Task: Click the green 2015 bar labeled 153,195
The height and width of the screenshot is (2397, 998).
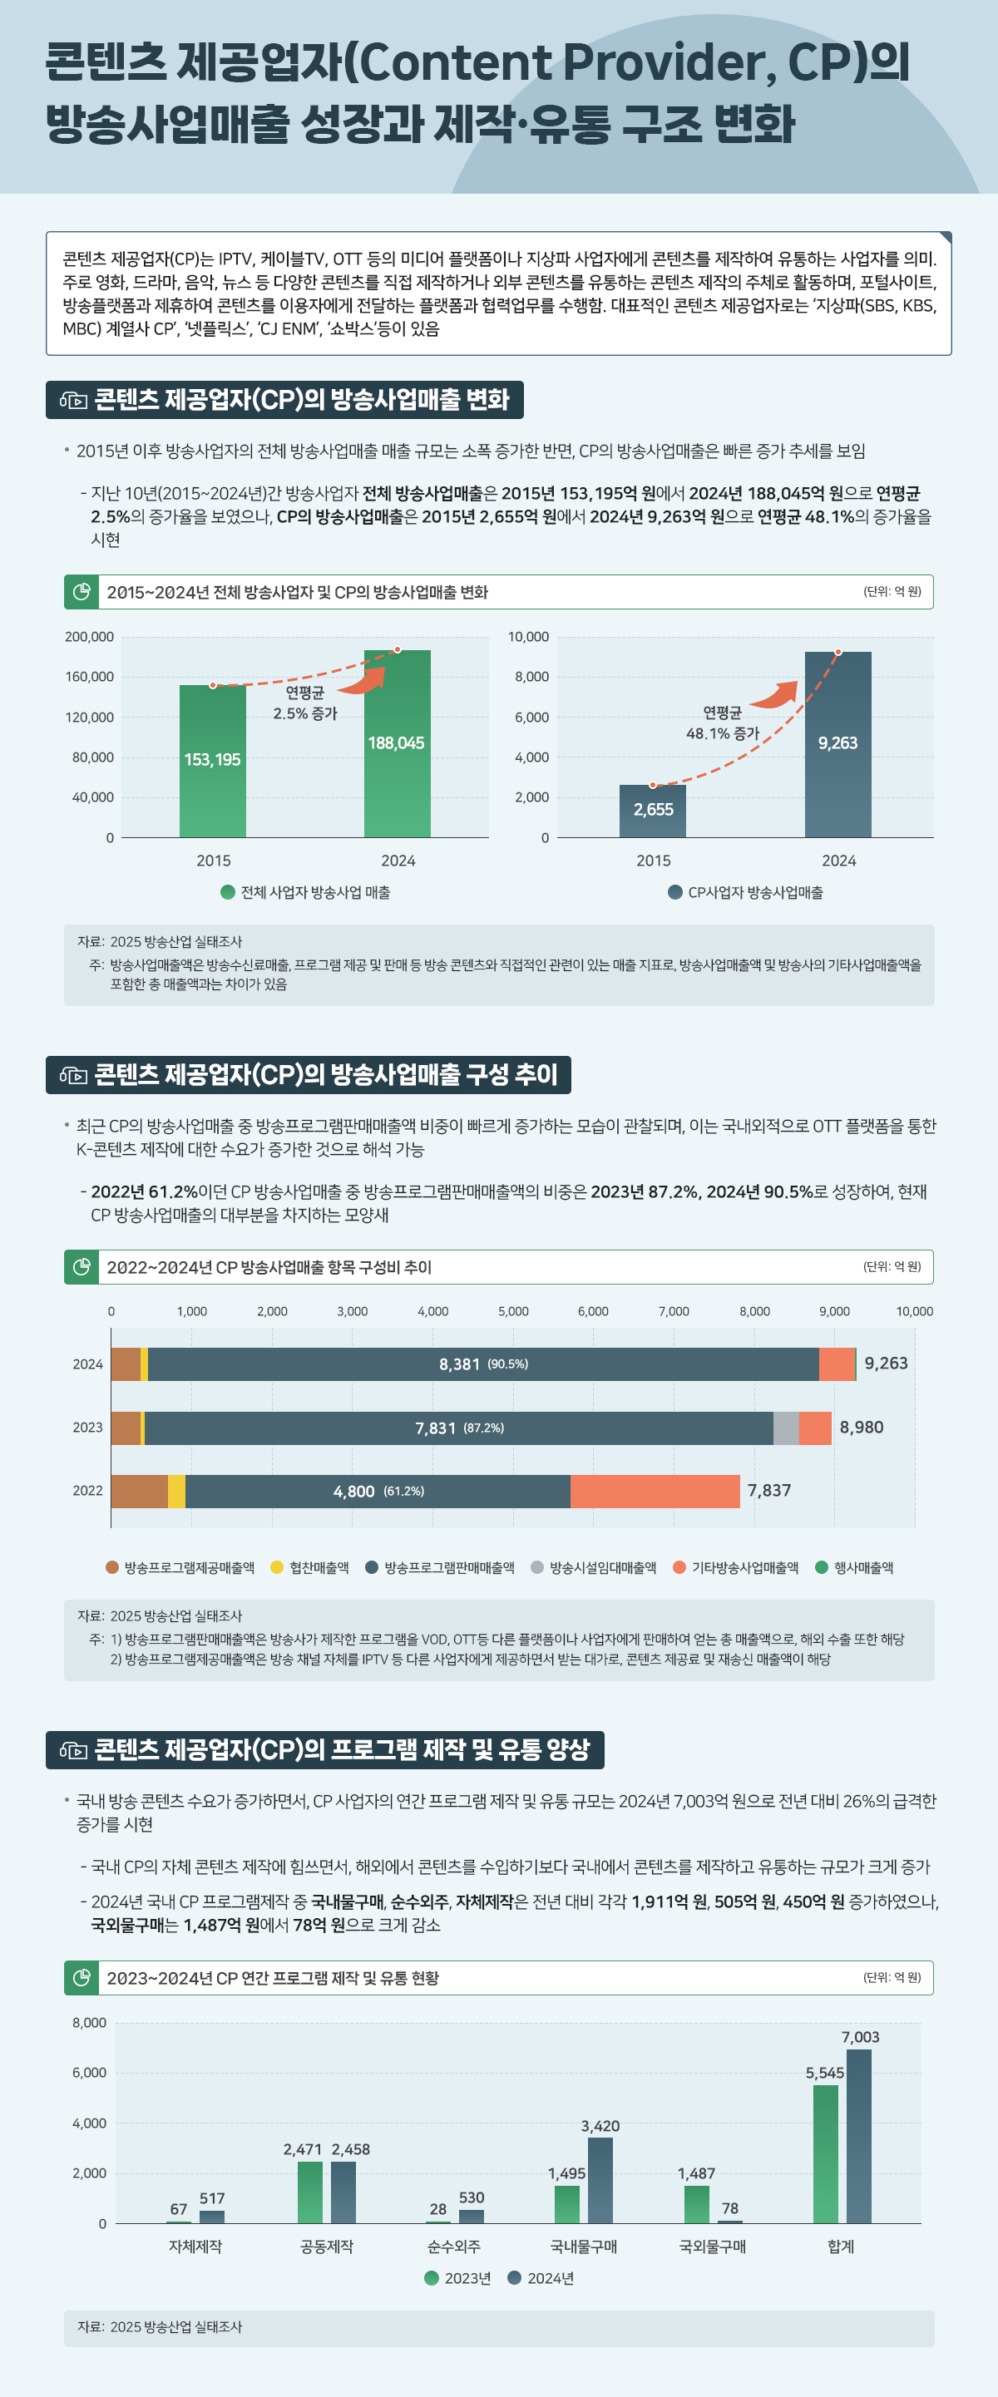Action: click(x=212, y=760)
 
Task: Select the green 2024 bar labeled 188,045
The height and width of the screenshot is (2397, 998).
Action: click(x=397, y=742)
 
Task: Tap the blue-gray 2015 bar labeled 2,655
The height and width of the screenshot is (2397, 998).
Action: click(x=653, y=811)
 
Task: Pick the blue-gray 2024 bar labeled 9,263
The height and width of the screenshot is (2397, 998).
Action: click(x=837, y=742)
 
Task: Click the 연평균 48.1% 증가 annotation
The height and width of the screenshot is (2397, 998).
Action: click(x=723, y=723)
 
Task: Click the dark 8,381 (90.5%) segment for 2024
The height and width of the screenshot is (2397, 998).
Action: click(x=483, y=1364)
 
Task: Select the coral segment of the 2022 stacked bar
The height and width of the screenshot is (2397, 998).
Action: click(x=655, y=1491)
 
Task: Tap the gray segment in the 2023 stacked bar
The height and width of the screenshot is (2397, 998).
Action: click(x=786, y=1428)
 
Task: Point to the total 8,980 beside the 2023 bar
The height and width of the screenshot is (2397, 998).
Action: click(x=861, y=1428)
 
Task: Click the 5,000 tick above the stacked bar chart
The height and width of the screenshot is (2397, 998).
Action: click(x=513, y=1311)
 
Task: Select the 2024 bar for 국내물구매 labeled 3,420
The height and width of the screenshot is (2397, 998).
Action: click(x=600, y=2180)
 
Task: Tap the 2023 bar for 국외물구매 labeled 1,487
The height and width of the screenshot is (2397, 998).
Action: click(x=696, y=2204)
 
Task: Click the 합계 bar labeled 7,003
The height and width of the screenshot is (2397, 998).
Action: click(x=858, y=2136)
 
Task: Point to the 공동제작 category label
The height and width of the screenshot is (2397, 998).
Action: click(x=326, y=2247)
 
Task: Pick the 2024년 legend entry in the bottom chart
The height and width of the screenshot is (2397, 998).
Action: click(x=541, y=2278)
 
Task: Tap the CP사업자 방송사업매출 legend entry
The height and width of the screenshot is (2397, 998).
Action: click(x=746, y=892)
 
